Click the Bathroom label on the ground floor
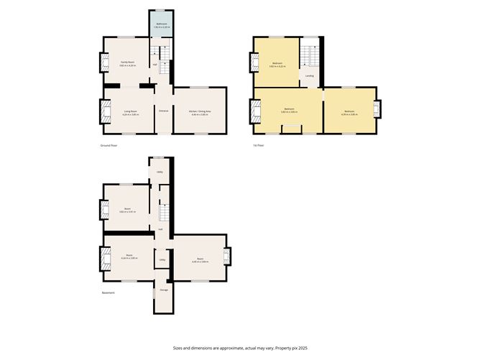point(162,24)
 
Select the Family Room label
point(129,63)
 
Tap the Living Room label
point(130,111)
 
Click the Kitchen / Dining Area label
point(199,111)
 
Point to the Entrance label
point(163,111)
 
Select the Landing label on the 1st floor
point(309,75)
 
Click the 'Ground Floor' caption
point(109,145)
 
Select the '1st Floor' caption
point(259,145)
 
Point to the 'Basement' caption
point(107,292)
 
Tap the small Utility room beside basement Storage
point(162,260)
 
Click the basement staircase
point(163,213)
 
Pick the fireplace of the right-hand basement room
point(226,257)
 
